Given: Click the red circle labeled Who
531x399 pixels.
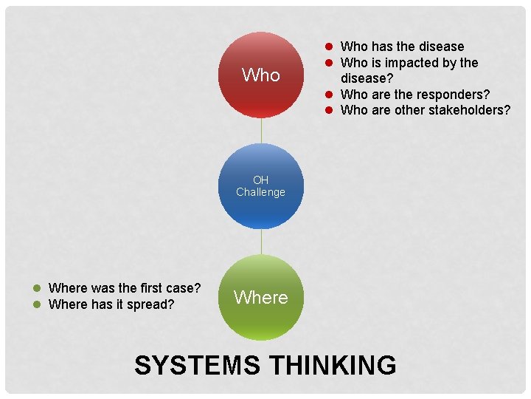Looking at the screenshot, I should pyautogui.click(x=261, y=75).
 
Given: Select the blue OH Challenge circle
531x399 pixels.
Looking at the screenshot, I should pyautogui.click(x=261, y=186).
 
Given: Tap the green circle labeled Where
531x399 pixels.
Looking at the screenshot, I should pyautogui.click(x=261, y=297).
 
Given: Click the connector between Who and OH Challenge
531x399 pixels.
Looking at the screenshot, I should pyautogui.click(x=261, y=131).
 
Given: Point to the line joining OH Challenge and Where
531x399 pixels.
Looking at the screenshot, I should pyautogui.click(x=261, y=242).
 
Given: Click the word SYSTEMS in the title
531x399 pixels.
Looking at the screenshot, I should pyautogui.click(x=198, y=365).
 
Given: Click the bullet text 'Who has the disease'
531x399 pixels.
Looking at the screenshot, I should pyautogui.click(x=402, y=47).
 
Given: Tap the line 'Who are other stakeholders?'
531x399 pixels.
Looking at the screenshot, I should pyautogui.click(x=425, y=110).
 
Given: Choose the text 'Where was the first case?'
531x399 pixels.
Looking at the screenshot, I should pyautogui.click(x=125, y=287).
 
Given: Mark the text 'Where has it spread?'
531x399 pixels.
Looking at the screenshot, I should pyautogui.click(x=111, y=304).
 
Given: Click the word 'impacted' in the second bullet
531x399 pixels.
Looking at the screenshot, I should pyautogui.click(x=407, y=63).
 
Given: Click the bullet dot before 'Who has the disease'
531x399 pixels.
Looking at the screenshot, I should pyautogui.click(x=332, y=47).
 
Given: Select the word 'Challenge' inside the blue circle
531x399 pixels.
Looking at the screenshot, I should pyautogui.click(x=261, y=192).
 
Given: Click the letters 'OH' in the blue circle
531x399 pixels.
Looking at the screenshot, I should pyautogui.click(x=261, y=180).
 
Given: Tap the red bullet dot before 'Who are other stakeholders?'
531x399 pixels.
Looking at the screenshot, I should pyautogui.click(x=332, y=110).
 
